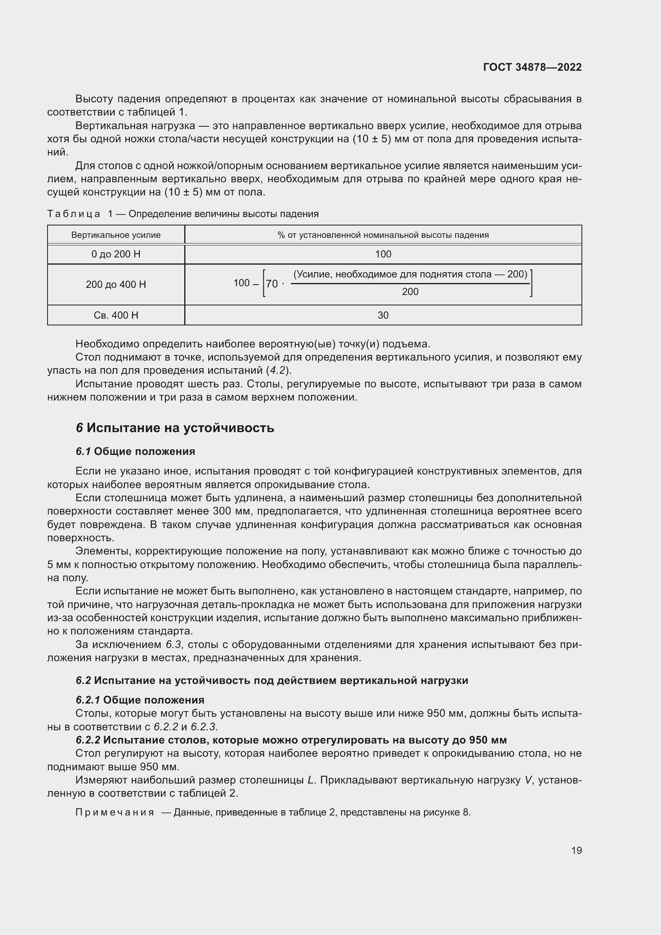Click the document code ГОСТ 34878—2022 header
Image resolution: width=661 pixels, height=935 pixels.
[532, 67]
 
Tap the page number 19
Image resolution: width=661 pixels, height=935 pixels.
[576, 850]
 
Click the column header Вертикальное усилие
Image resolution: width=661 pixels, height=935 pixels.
[116, 235]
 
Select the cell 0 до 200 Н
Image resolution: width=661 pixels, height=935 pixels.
[116, 254]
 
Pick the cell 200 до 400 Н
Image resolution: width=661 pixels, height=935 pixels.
[116, 284]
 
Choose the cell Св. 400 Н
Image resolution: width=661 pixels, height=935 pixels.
[116, 315]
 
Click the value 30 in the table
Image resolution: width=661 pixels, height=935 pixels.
[383, 315]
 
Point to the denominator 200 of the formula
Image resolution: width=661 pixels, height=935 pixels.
[410, 291]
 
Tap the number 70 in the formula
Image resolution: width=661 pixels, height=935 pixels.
[272, 284]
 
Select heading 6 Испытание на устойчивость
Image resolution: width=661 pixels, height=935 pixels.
[175, 428]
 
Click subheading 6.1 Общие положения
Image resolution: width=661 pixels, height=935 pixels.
[135, 451]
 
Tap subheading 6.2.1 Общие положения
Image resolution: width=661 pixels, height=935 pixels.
[140, 700]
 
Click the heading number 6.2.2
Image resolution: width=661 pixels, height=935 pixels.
[88, 740]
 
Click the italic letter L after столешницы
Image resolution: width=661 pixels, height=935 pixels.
[311, 780]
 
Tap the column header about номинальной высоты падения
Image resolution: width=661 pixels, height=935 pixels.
[383, 235]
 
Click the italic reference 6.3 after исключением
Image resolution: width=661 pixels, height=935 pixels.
[174, 645]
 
